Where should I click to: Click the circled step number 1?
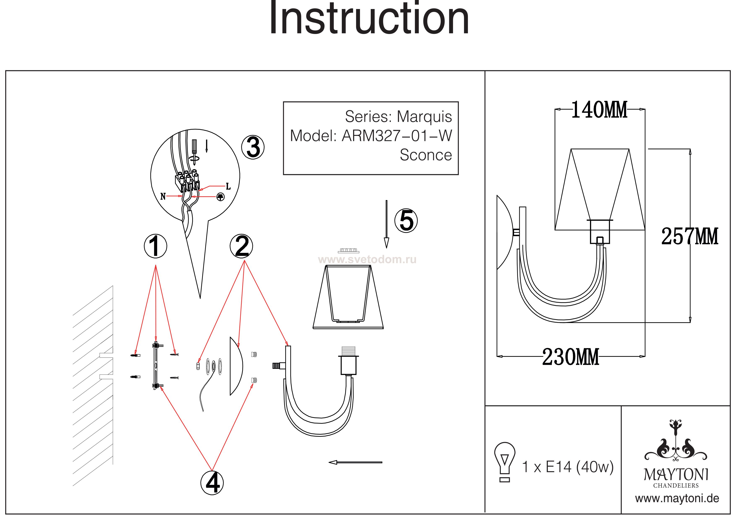tap(155, 246)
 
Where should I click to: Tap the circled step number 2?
tap(241, 246)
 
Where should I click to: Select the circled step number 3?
tap(253, 147)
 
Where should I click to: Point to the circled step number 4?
tap(212, 482)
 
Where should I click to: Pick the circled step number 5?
tap(406, 221)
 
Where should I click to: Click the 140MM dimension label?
tap(599, 110)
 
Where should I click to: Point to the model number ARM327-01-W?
tap(397, 136)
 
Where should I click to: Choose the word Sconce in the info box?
tap(426, 155)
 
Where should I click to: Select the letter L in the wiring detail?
tap(228, 186)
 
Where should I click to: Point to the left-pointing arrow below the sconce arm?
tap(355, 462)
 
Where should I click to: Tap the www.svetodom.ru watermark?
tap(367, 260)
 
